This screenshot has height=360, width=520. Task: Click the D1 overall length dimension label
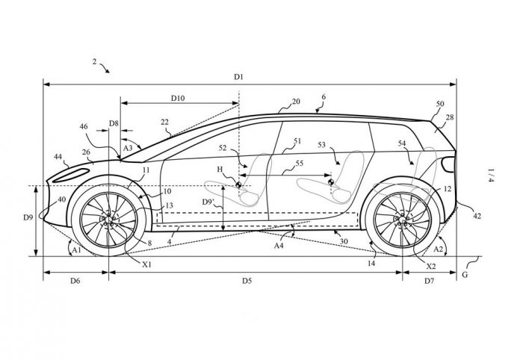[240, 77]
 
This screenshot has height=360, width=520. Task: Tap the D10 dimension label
[179, 98]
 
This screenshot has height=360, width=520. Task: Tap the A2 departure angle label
[440, 247]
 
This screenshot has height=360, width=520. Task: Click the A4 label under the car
[279, 244]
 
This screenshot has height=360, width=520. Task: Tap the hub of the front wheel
[110, 220]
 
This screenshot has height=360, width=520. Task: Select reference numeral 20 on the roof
[296, 101]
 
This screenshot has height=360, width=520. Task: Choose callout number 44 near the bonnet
[58, 156]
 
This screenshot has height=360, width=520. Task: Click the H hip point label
[220, 170]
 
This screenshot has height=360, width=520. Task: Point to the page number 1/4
[490, 175]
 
